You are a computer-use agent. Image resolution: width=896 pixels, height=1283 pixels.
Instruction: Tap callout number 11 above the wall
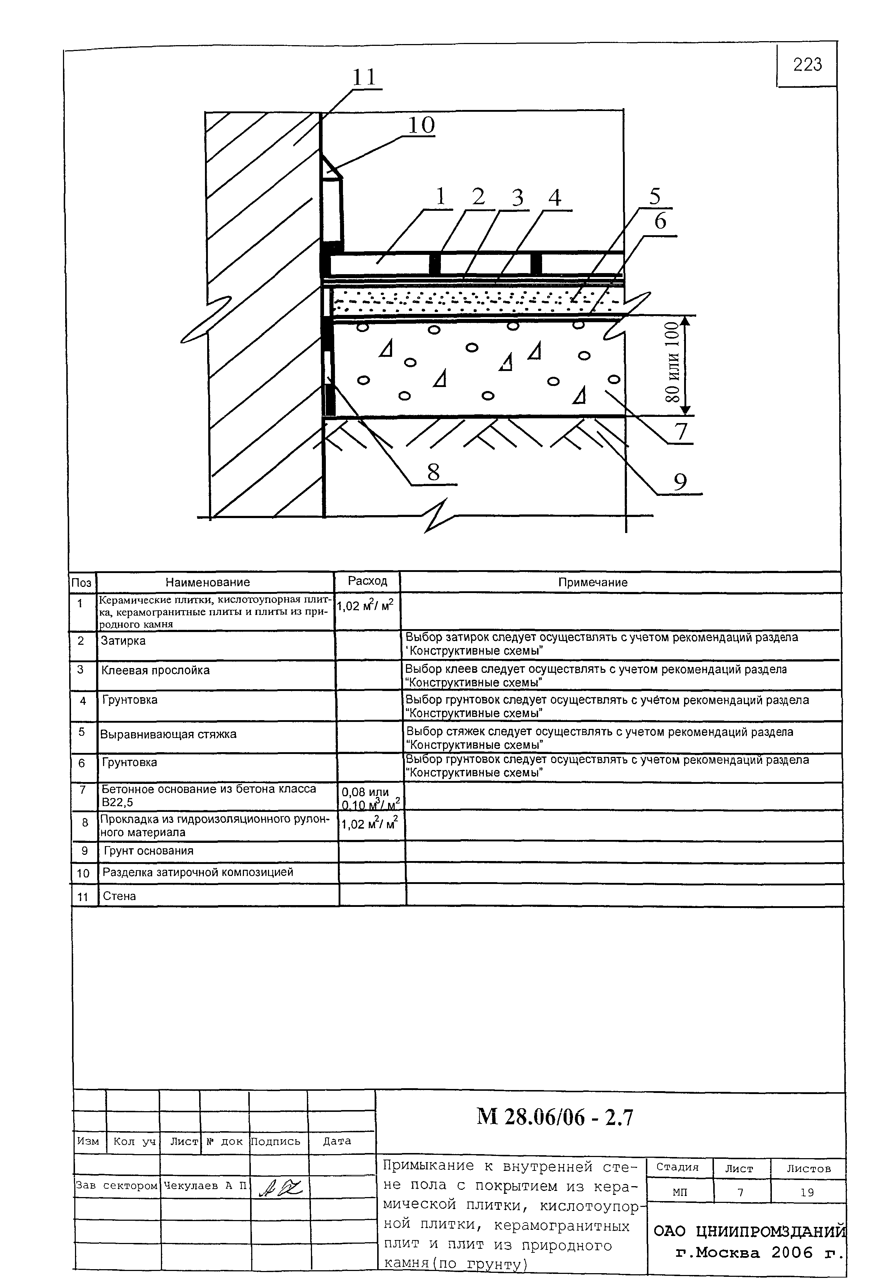364,77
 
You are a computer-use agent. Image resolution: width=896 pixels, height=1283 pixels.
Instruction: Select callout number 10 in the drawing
421,125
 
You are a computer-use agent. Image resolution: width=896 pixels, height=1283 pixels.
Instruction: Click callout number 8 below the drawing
433,473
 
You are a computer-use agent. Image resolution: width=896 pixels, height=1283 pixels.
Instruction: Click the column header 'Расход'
367,581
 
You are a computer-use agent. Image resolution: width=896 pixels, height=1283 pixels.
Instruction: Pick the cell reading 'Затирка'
123,641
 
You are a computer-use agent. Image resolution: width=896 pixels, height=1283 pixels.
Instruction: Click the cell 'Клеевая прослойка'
155,670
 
